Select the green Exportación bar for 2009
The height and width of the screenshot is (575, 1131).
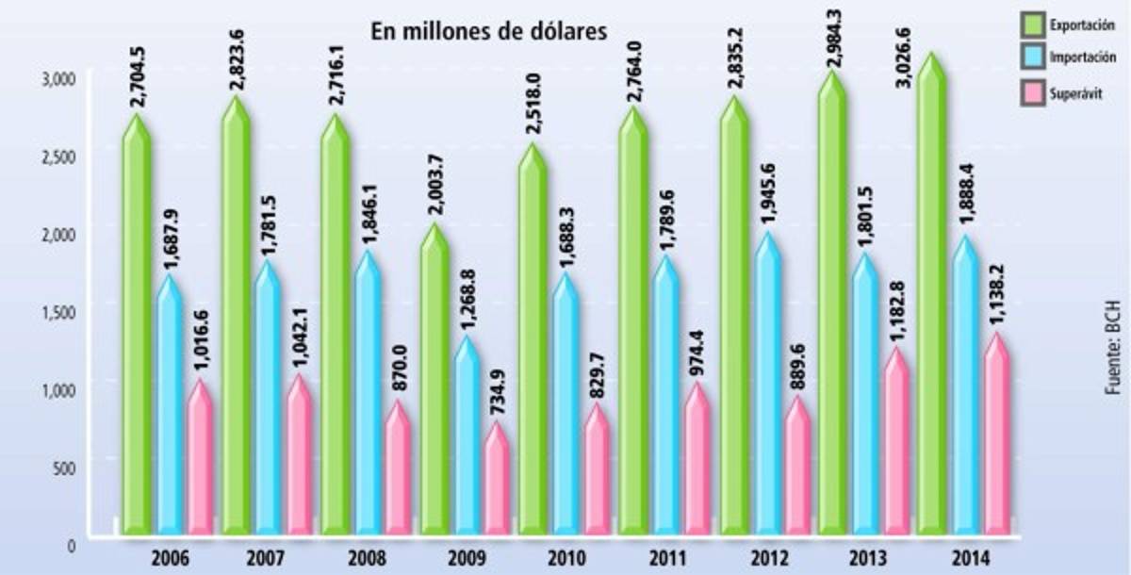point(434,386)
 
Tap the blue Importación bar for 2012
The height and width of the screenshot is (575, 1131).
point(769,386)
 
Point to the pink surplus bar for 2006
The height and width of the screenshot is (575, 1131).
point(200,462)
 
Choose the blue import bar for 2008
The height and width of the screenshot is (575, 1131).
point(368,396)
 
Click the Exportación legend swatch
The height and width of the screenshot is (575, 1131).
point(1034,25)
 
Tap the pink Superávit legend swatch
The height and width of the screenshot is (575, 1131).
point(1034,93)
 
